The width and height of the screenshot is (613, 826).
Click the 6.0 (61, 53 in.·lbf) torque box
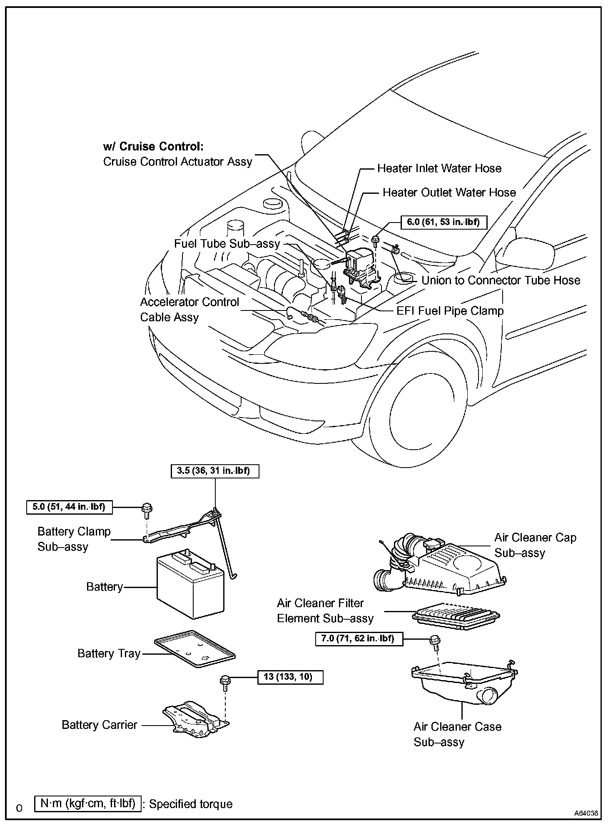[444, 222]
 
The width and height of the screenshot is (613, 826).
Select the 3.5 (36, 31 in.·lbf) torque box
[215, 471]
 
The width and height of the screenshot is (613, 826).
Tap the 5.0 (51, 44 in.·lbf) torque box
[69, 507]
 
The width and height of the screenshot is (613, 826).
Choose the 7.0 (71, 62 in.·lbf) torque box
[359, 638]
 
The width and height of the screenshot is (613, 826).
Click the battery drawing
[190, 584]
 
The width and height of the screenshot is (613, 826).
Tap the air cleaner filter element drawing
[456, 616]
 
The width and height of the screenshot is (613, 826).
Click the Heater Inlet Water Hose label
[439, 168]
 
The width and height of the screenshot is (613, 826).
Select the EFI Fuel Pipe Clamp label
[450, 311]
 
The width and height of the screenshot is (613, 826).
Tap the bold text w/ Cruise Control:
[153, 147]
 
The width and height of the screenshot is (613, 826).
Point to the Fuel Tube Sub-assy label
[227, 244]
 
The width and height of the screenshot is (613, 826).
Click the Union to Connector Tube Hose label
[501, 280]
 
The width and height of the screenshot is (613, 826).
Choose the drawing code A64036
[586, 813]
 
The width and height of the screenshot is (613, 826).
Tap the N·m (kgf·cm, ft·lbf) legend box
[88, 803]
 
